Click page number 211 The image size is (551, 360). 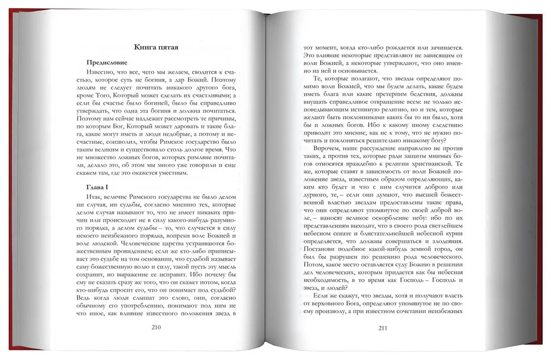385,329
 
